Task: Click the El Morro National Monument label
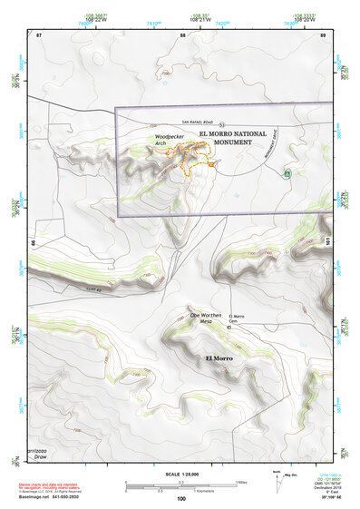coord(228,137)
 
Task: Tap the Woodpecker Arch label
coord(166,140)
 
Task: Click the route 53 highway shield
coord(221,123)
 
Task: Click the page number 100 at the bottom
coord(181,499)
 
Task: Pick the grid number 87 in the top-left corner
coord(38,35)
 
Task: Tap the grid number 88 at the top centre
coord(183,35)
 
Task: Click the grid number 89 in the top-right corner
coord(324,35)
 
